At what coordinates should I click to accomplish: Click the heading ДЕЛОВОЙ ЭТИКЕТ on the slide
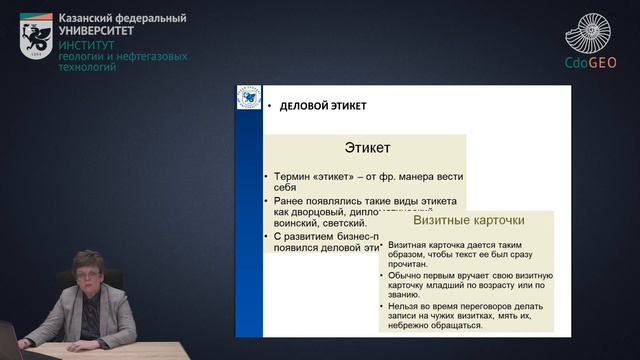coord(323,105)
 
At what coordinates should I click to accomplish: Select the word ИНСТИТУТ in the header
coord(86,46)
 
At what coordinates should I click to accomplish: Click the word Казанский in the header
coord(88,19)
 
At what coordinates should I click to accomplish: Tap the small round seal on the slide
coord(247,101)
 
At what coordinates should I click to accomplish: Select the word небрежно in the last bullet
coord(413,323)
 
